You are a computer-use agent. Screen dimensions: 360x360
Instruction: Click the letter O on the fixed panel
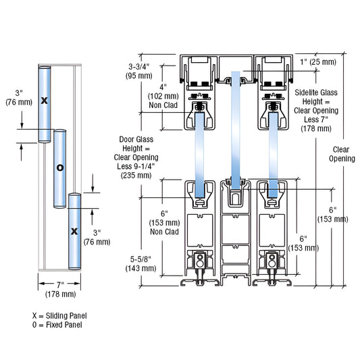(59, 168)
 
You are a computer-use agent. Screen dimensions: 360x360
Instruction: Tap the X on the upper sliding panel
(45, 100)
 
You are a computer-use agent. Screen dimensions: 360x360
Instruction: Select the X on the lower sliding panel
(74, 231)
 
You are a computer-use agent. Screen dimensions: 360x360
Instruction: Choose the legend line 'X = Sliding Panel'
(59, 315)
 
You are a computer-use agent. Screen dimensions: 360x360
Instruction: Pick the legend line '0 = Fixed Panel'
(57, 325)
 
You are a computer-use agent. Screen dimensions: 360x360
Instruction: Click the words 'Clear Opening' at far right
(341, 154)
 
